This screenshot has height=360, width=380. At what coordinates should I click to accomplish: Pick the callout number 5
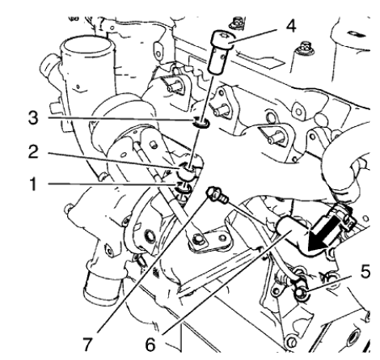coord(365,272)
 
